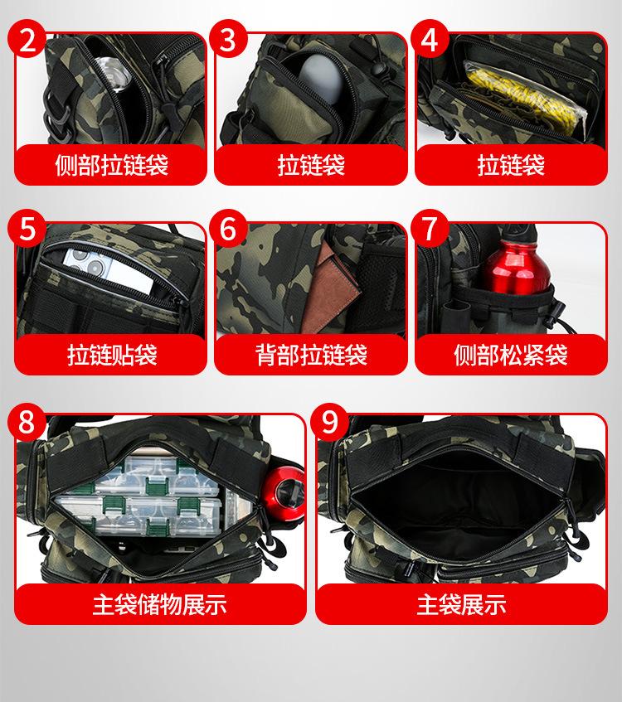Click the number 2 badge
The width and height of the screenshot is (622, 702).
(27, 39)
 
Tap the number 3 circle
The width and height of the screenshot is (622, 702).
(228, 39)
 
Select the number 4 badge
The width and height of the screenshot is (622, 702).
(430, 39)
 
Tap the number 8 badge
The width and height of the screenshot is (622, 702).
(27, 422)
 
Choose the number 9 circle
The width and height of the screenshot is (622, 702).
(329, 422)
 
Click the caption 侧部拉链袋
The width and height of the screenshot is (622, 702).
(112, 165)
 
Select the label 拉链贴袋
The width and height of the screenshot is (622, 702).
(112, 355)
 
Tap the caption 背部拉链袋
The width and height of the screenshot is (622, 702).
(312, 355)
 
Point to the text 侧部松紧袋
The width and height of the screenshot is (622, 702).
(511, 355)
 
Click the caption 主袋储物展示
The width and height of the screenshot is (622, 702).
(160, 604)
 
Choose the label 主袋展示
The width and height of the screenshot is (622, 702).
(462, 604)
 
